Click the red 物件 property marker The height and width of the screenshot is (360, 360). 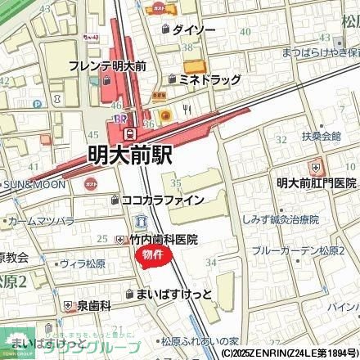[152, 257]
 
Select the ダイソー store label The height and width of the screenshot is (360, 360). [194, 29]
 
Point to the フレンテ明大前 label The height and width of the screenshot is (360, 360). [108, 65]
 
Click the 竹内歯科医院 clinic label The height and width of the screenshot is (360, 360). [164, 240]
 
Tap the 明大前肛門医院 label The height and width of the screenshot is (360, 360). [316, 183]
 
